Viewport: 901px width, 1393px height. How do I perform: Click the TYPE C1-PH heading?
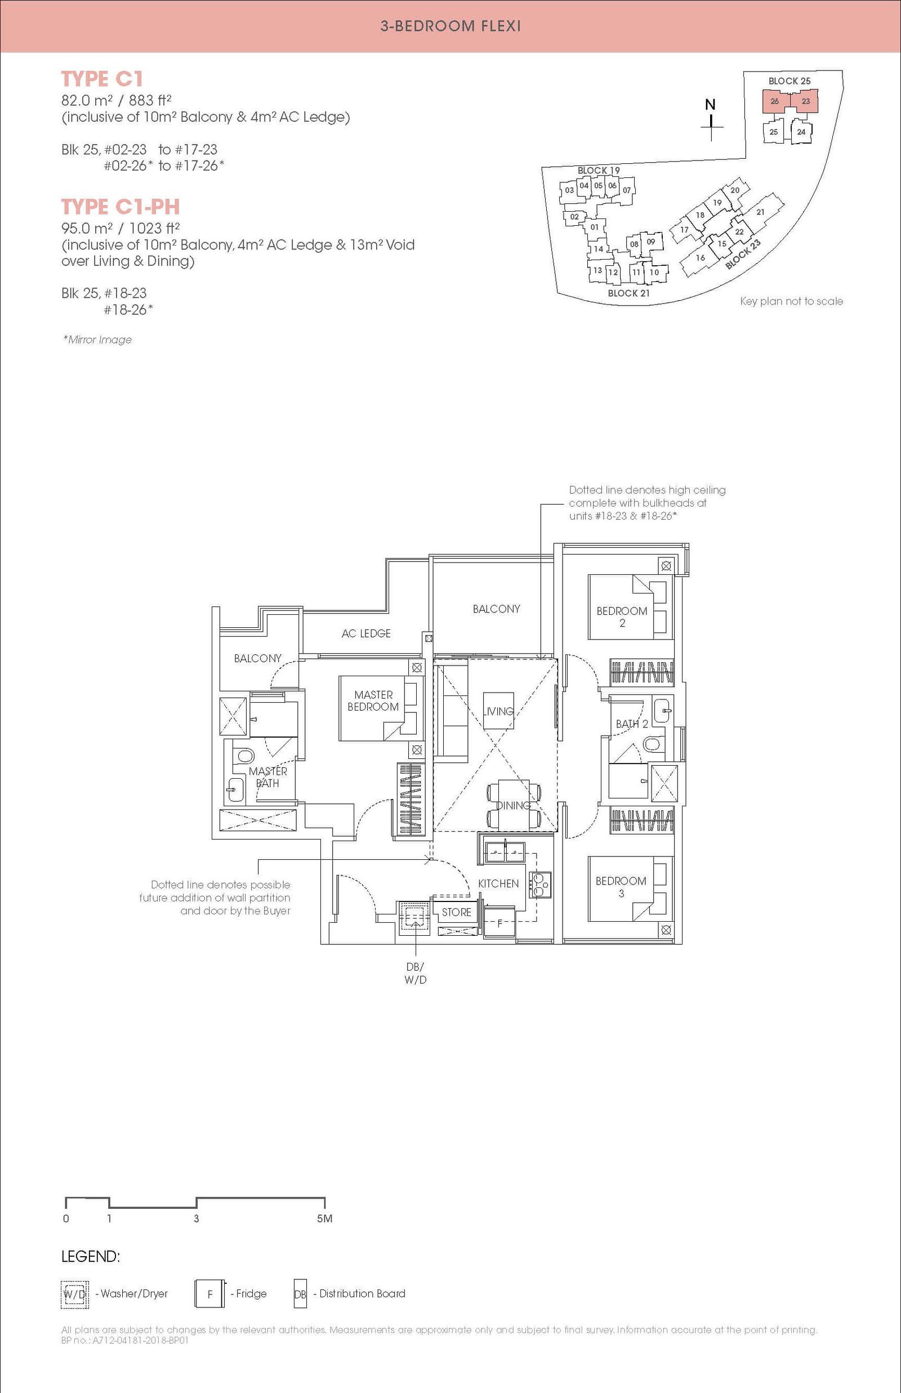[x=121, y=207]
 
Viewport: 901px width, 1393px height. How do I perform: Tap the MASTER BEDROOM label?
[x=373, y=700]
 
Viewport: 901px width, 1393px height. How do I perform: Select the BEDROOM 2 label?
[x=622, y=617]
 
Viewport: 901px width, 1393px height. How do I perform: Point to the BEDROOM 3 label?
[x=621, y=887]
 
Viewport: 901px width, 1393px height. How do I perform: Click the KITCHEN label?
[x=498, y=883]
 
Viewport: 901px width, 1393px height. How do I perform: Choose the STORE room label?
[x=456, y=912]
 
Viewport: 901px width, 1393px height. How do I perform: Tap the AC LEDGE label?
[x=366, y=633]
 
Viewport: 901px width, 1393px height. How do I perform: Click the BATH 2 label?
[x=632, y=724]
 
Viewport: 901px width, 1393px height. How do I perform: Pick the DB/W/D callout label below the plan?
[x=416, y=974]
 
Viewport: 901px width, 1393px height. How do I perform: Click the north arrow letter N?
[x=710, y=105]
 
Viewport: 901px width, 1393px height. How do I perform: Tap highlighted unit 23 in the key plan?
[x=805, y=101]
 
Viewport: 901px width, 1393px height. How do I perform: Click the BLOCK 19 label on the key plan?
[x=599, y=171]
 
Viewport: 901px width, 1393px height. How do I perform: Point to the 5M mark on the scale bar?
[x=325, y=1218]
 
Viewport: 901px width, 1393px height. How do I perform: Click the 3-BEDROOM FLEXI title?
[x=450, y=26]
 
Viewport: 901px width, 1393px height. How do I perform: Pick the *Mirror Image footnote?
[x=98, y=340]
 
